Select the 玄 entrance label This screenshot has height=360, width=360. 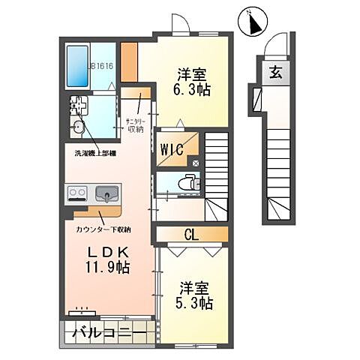pyautogui.click(x=276, y=73)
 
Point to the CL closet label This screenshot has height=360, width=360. pyautogui.click(x=191, y=235)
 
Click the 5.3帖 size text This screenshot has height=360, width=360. pyautogui.click(x=195, y=304)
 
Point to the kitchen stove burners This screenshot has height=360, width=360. pyautogui.click(x=77, y=194)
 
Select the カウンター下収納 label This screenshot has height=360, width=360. pyautogui.click(x=103, y=228)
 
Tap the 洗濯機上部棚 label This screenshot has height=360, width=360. pyautogui.click(x=94, y=153)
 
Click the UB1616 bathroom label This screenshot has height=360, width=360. pyautogui.click(x=100, y=66)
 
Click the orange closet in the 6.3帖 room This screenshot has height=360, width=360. pyautogui.click(x=129, y=62)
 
